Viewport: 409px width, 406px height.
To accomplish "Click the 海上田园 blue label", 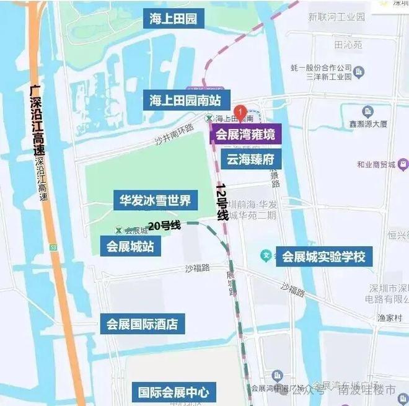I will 174,19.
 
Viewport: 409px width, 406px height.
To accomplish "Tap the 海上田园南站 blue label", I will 190,100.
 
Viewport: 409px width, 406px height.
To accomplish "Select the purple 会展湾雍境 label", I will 245,134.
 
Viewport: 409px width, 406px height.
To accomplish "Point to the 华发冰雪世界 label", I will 155,200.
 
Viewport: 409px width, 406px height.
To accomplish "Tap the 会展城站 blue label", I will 130,245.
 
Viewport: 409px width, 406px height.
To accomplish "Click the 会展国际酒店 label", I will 142,324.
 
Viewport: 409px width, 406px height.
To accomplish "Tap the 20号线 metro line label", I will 164,226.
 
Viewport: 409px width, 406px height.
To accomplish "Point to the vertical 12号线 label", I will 222,202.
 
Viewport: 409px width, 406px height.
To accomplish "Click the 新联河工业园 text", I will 337,17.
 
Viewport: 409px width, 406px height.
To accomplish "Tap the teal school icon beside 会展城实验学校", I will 266,255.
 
